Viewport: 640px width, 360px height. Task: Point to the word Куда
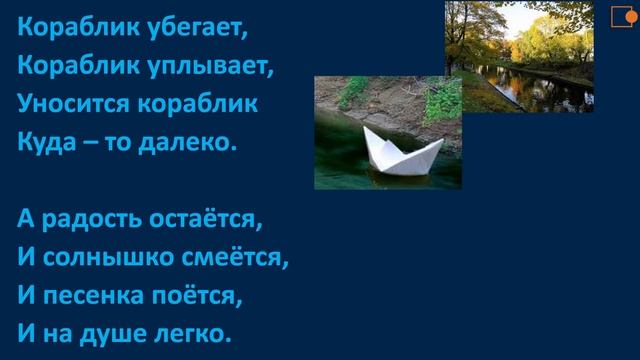tap(45, 141)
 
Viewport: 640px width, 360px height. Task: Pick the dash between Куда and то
tap(93, 142)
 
